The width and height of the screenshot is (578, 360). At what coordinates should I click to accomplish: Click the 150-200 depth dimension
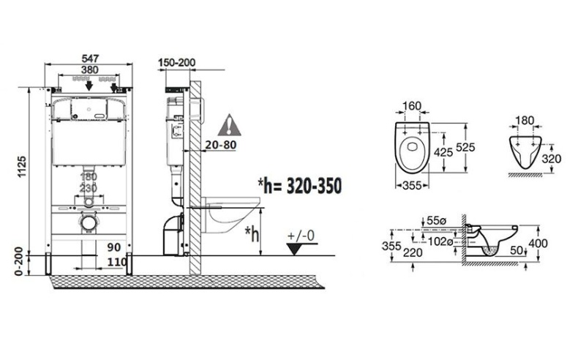(176, 63)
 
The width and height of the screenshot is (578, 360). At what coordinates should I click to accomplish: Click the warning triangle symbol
(231, 122)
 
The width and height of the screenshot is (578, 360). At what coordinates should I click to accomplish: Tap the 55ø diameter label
(437, 220)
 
